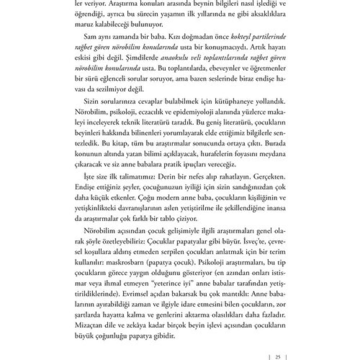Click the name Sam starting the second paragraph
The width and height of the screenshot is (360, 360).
point(90,37)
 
